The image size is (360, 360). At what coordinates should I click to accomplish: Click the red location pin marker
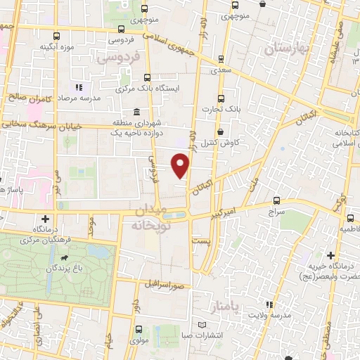(x=181, y=166)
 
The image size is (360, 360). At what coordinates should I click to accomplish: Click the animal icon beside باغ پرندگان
(x=65, y=259)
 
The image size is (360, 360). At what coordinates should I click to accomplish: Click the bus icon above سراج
(x=276, y=200)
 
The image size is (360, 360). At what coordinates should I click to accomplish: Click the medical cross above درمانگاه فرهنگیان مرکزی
(x=46, y=219)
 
